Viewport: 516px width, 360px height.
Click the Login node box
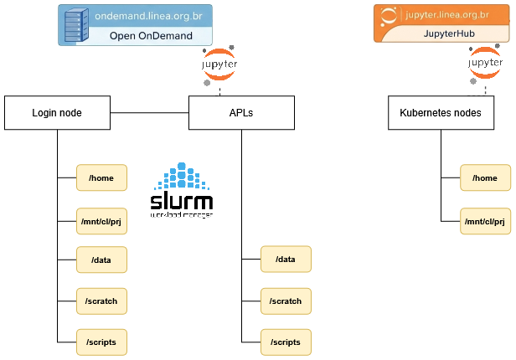coord(57,112)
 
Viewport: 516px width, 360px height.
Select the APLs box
coord(242,112)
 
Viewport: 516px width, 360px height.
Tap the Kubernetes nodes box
coord(441,112)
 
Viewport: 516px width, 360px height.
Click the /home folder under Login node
coord(101,177)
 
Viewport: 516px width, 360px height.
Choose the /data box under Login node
coord(101,260)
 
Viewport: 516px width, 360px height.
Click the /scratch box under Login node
coord(101,301)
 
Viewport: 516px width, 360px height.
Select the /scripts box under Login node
coord(101,341)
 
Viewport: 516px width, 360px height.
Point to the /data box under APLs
coord(286,260)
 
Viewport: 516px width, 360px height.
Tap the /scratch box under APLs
coord(286,301)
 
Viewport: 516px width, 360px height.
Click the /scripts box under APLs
coord(286,341)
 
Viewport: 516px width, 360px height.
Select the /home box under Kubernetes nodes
coord(485,177)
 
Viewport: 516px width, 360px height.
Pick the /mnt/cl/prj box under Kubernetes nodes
coord(485,221)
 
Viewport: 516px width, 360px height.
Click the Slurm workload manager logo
coord(181,192)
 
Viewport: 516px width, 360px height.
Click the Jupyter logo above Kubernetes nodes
coord(486,67)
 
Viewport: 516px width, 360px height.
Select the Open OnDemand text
coord(151,36)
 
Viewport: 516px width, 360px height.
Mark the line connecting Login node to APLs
coord(148,112)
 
